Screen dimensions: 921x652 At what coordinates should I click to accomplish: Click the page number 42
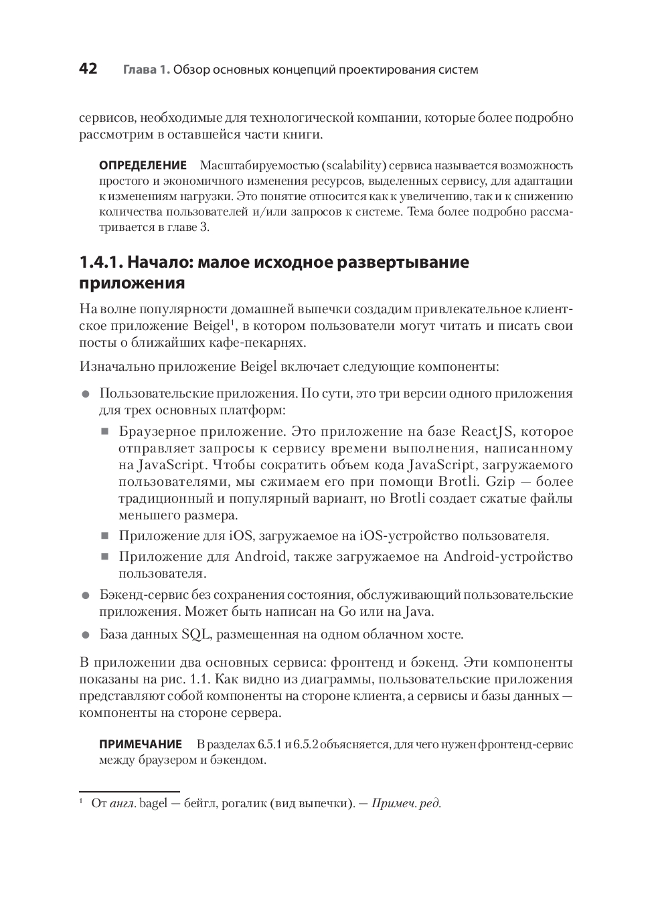pos(88,68)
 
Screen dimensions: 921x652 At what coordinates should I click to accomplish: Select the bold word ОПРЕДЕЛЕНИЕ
pos(143,165)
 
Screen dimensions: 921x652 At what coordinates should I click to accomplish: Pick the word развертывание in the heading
pos(402,262)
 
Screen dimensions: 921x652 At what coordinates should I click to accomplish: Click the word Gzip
pos(501,481)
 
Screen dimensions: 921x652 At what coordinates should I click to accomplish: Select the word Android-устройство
pos(508,556)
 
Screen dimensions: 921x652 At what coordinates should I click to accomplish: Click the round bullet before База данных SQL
pos(85,635)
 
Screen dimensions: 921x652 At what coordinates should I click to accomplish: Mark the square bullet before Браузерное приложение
pos(104,432)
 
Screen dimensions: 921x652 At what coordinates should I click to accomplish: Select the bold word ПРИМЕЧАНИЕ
pos(141,744)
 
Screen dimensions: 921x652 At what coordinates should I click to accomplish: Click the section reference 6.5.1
pos(270,744)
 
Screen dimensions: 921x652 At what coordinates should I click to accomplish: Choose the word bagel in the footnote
pos(153,803)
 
